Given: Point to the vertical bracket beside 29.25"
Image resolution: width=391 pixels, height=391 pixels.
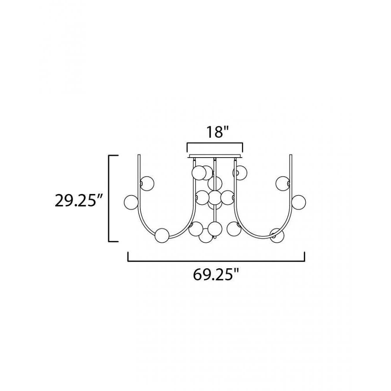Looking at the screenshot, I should coord(109,199).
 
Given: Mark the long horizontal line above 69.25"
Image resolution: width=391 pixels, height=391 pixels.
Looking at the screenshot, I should coord(216,261).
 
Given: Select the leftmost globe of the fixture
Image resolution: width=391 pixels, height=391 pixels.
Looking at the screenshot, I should coord(131,202).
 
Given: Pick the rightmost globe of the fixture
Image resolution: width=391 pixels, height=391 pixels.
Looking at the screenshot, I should coord(298,202).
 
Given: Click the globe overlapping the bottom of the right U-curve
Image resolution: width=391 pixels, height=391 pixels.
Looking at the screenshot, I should coord(277,235).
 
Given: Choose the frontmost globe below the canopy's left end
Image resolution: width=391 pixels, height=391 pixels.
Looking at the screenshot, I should coord(199,172).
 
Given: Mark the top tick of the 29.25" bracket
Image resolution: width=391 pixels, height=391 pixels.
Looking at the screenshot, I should coord(113,156).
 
